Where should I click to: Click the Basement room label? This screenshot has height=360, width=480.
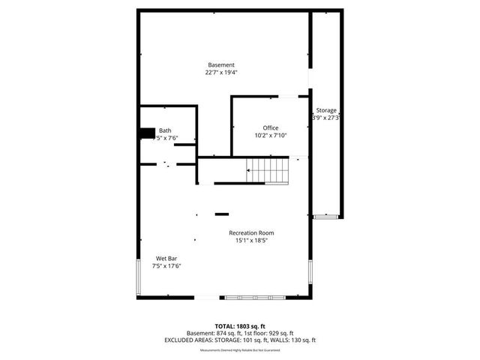point(221,65)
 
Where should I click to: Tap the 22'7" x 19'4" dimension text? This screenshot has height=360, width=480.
point(221,73)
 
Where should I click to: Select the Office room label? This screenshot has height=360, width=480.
point(270,127)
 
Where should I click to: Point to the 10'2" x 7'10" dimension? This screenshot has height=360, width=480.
point(270,135)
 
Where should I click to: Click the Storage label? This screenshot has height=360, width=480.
point(326,110)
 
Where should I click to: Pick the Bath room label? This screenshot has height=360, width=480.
point(164,130)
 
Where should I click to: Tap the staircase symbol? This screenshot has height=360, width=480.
point(268,171)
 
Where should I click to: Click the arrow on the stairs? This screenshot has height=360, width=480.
point(250,171)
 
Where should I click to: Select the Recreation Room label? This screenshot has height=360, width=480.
point(256,233)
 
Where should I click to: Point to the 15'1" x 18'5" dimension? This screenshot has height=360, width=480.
point(256,241)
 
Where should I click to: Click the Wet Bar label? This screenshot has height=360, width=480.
point(166,258)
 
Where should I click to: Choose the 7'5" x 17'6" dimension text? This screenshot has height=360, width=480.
point(166,265)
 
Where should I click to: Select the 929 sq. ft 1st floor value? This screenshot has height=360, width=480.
point(278,333)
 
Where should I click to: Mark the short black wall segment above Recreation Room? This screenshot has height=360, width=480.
point(222,214)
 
